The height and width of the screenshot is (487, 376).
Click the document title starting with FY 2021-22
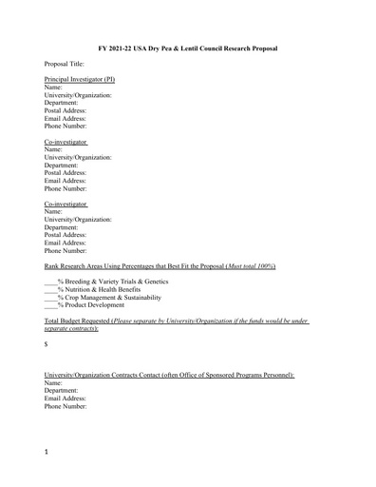(188, 47)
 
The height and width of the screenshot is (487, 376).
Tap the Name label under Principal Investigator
(54, 88)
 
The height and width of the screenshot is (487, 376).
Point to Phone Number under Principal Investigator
(66, 126)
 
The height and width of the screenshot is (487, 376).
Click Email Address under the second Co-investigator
(66, 243)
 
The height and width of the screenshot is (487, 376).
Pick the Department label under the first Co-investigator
(62, 166)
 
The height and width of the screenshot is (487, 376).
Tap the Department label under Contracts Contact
(62, 391)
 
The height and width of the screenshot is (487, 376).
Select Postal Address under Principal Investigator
(66, 110)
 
